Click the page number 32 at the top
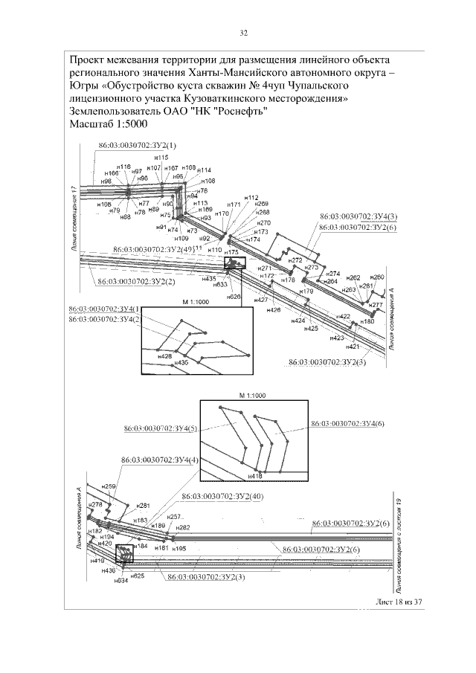click(x=242, y=33)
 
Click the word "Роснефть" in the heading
click(x=245, y=111)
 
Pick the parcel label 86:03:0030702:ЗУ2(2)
click(x=135, y=282)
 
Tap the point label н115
click(x=161, y=158)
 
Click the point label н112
click(x=251, y=198)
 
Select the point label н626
click(x=234, y=297)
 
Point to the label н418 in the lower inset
click(x=254, y=474)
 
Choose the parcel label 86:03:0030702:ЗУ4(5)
click(x=161, y=429)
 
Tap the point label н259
click(x=109, y=486)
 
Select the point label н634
click(x=121, y=581)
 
